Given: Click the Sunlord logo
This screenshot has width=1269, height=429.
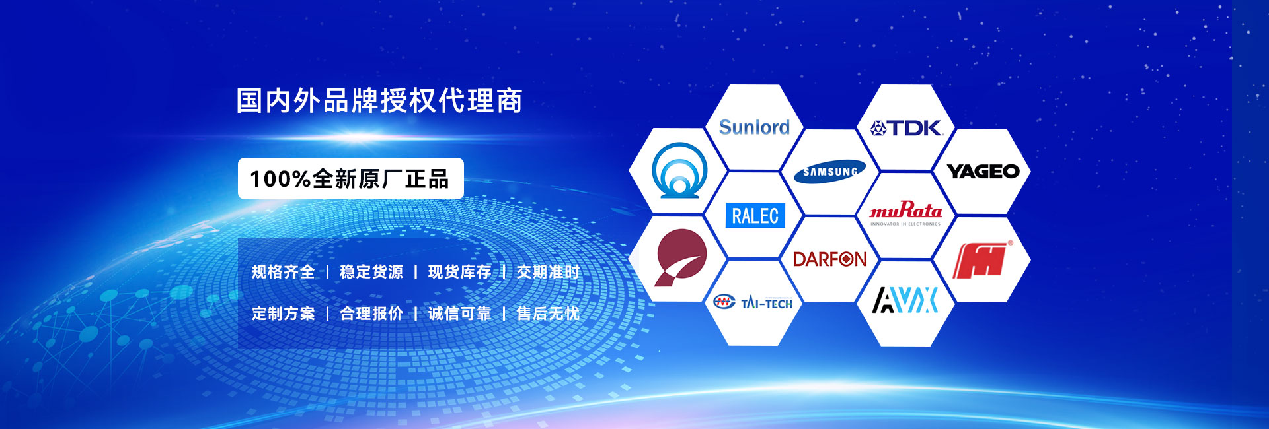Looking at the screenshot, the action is coord(754,127).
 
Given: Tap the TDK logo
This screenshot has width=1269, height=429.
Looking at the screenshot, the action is coord(905,127).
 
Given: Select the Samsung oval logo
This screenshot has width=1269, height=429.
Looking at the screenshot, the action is coord(829,172).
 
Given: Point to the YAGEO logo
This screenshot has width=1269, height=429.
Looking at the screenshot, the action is coord(983,172).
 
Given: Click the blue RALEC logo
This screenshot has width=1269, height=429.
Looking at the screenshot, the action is coord(755,216).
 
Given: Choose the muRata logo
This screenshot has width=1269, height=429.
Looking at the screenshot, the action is coord(905,213).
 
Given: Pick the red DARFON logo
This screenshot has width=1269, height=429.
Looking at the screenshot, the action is coord(829,259).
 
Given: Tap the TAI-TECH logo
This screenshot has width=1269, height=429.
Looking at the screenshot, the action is coord(753,303).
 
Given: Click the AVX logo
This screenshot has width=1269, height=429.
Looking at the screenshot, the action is coord(905,300).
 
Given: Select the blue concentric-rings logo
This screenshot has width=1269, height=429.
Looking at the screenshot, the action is coord(679,170).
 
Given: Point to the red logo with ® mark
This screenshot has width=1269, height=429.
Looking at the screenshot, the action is coord(983,259).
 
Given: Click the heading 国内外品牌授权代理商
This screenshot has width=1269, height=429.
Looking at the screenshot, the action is coord(379,101).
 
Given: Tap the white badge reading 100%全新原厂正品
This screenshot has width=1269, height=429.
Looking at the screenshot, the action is coord(351,179).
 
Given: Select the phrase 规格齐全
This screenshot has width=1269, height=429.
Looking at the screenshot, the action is coord(283,272).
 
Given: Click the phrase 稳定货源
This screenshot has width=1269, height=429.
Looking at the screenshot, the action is coord(371,272).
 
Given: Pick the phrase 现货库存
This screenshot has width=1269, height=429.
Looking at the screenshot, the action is coord(460,272).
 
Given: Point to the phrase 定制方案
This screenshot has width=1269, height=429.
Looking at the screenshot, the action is coord(283,313).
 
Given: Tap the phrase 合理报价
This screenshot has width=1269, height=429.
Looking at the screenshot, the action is coord(371,313).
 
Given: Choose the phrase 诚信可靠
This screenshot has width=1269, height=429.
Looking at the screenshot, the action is coord(460,313).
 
